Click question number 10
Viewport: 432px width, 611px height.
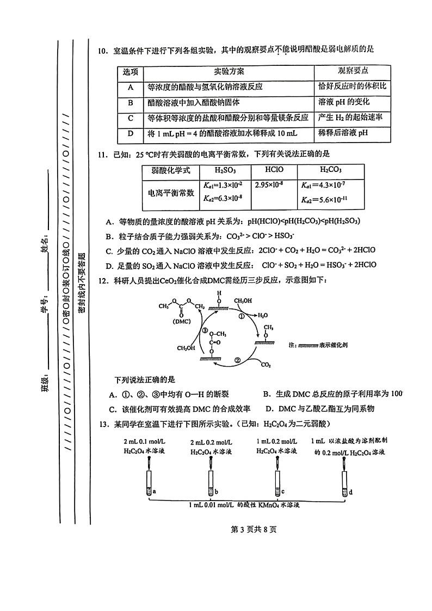click(102, 51)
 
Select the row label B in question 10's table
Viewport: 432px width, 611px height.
click(131, 102)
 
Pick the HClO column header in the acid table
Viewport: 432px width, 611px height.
click(274, 170)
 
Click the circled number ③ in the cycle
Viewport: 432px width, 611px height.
click(205, 330)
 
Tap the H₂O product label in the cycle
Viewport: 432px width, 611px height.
click(263, 315)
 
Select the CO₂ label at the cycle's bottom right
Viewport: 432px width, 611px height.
click(266, 365)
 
